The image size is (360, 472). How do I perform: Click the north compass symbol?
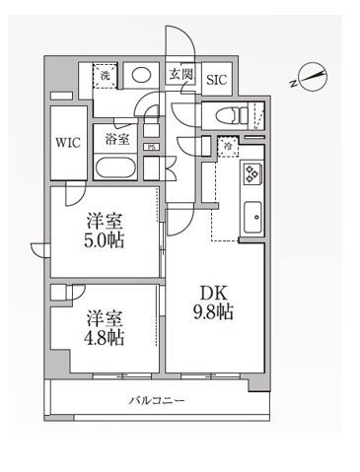click(x=314, y=78)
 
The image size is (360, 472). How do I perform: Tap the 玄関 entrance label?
click(x=179, y=75)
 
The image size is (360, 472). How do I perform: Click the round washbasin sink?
click(x=143, y=74)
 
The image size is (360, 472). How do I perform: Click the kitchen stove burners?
click(x=252, y=173)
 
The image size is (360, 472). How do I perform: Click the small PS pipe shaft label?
click(x=150, y=148)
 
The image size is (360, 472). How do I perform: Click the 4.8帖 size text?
click(x=104, y=339)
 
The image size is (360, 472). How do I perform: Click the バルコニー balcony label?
click(x=157, y=401)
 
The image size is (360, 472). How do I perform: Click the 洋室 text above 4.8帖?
click(x=104, y=317)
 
